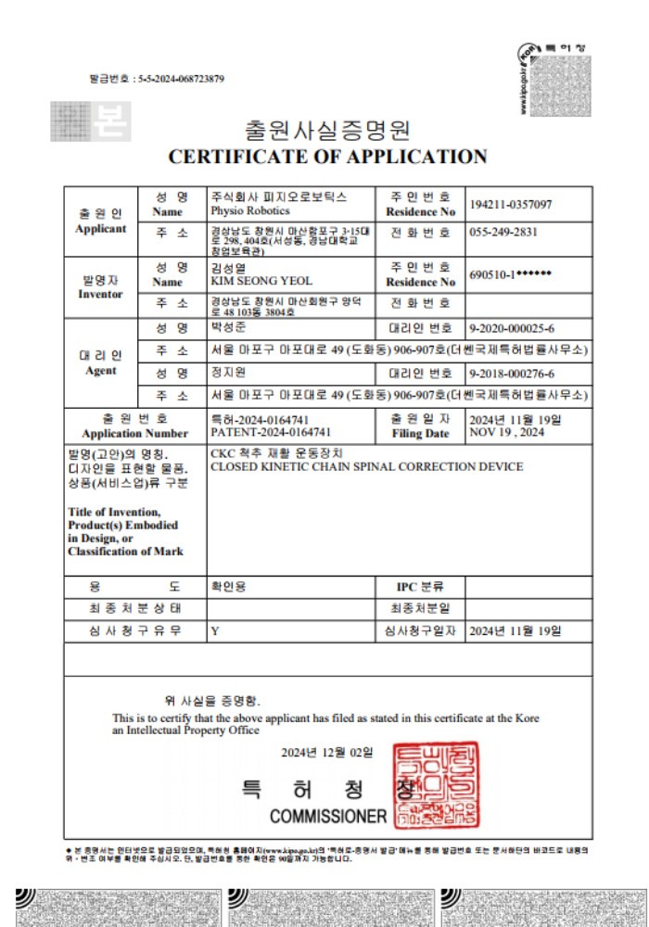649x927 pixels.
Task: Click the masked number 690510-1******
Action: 511,275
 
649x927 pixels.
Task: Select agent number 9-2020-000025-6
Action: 513,327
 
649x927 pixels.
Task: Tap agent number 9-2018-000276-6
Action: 513,374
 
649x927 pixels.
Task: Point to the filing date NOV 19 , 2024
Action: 506,432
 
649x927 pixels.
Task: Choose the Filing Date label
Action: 419,433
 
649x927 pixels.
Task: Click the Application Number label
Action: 134,433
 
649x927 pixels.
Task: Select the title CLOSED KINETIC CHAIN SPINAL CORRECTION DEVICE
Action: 367,466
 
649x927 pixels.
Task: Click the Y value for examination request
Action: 215,631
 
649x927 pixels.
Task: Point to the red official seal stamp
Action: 426,785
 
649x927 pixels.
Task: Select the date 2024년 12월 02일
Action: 327,752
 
